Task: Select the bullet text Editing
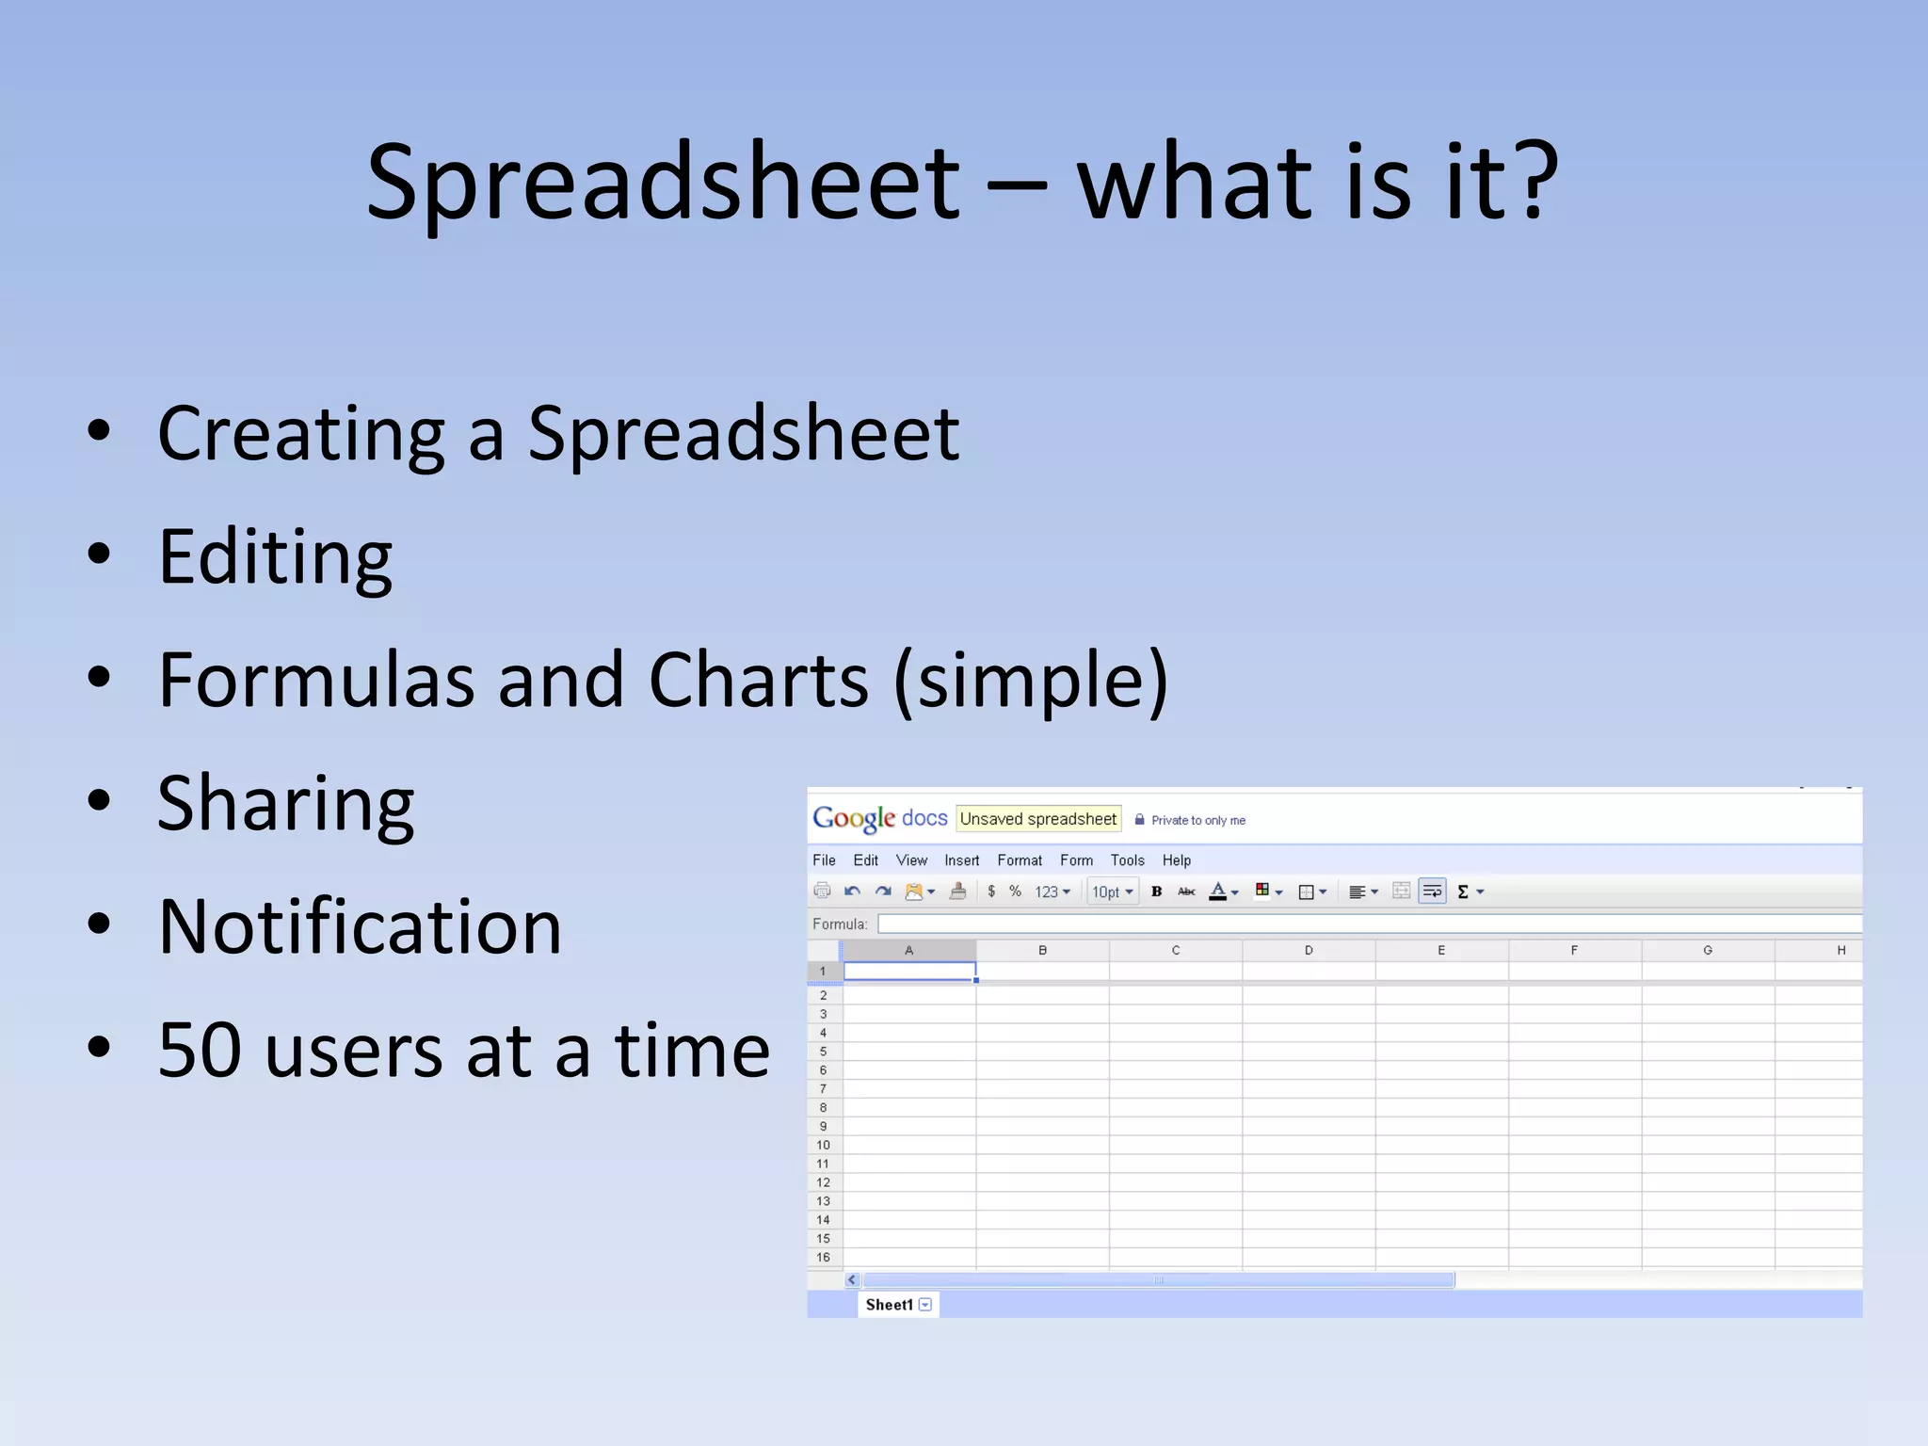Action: [275, 557]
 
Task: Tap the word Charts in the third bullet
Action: [759, 680]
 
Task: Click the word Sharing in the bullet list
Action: [285, 804]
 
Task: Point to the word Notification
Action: [360, 927]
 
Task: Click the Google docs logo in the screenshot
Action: [879, 818]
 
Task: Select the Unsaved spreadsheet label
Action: [1037, 819]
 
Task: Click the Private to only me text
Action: [1197, 821]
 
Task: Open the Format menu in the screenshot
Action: [1020, 860]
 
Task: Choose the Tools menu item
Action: [1127, 860]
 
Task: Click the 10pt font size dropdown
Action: [1112, 892]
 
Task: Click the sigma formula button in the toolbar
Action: [1464, 892]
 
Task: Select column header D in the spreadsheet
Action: [1309, 951]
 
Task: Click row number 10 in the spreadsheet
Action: [824, 1146]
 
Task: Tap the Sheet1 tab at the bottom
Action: [889, 1305]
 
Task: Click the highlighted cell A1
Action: [909, 971]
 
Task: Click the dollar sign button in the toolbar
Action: [991, 892]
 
